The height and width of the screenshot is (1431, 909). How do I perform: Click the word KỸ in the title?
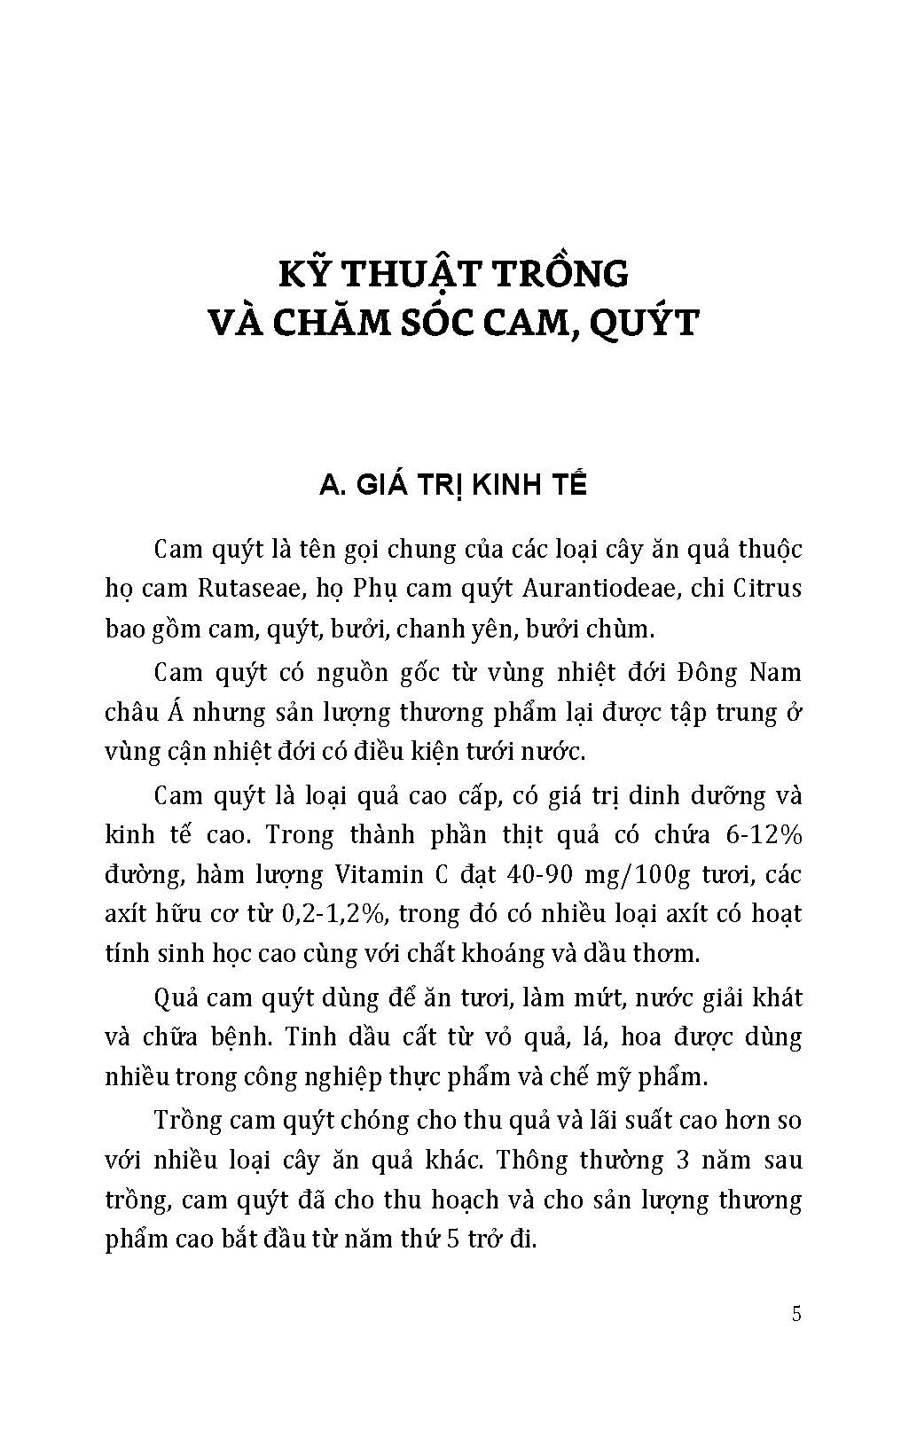306,274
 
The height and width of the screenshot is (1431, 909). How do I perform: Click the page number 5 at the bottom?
795,1313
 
